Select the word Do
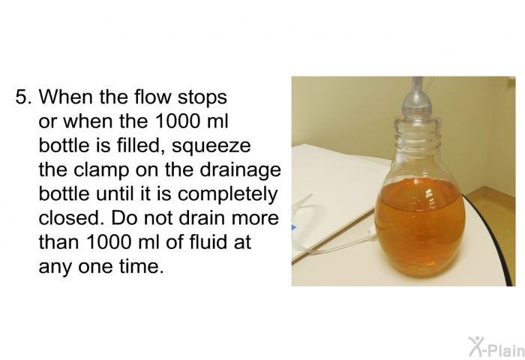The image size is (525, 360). pyautogui.click(x=125, y=219)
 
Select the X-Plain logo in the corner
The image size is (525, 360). pyautogui.click(x=490, y=346)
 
